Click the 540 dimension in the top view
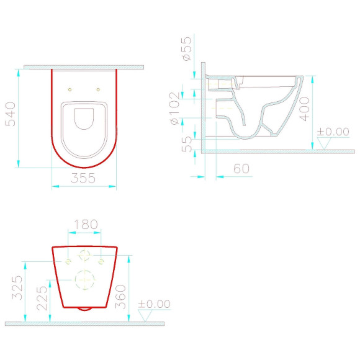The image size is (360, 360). click(x=11, y=114)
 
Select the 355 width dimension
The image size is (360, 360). click(x=84, y=178)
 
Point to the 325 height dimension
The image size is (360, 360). click(x=17, y=287)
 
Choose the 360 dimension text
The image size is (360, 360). click(x=121, y=296)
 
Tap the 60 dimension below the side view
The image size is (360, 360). click(x=241, y=168)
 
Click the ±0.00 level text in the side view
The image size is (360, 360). click(x=333, y=132)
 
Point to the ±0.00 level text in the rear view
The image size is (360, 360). click(x=154, y=304)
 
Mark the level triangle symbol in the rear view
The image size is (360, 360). click(x=145, y=315)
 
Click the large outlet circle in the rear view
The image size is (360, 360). click(x=84, y=280)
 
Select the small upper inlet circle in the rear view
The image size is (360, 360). click(x=84, y=255)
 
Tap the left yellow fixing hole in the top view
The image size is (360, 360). click(x=70, y=89)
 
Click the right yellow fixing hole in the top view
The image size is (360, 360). click(x=98, y=89)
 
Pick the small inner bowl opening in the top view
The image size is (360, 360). click(x=84, y=119)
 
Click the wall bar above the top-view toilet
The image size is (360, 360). click(x=84, y=67)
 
